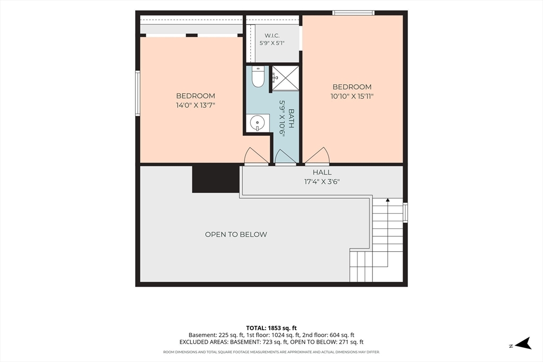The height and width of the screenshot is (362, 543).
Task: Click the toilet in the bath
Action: (x=258, y=76)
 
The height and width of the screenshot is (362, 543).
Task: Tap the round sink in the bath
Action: (x=258, y=123)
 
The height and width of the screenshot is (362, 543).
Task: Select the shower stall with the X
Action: (x=285, y=78)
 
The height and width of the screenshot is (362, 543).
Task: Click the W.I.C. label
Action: (x=272, y=36)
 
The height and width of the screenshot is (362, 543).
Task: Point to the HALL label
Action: (x=322, y=172)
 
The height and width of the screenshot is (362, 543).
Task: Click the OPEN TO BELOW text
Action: (x=236, y=234)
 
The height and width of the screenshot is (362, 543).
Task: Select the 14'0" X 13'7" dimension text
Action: (x=196, y=105)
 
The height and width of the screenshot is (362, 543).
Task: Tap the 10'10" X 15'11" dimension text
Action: (x=352, y=96)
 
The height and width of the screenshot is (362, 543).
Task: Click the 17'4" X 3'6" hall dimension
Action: (x=322, y=181)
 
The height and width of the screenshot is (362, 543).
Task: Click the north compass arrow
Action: (x=523, y=343)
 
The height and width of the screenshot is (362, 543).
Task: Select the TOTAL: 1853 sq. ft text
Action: (x=271, y=328)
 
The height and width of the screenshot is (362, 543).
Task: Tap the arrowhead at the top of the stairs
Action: (x=388, y=200)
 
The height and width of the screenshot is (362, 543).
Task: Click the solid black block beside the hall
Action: (x=216, y=179)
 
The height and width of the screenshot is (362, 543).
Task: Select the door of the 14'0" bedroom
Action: (x=256, y=156)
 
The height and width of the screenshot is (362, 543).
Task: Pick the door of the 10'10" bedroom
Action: (x=317, y=156)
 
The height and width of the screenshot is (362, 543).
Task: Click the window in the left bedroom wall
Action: (x=138, y=93)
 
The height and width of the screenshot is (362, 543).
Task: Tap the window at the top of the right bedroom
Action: (x=353, y=13)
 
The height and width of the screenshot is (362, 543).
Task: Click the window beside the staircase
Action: (x=405, y=213)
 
